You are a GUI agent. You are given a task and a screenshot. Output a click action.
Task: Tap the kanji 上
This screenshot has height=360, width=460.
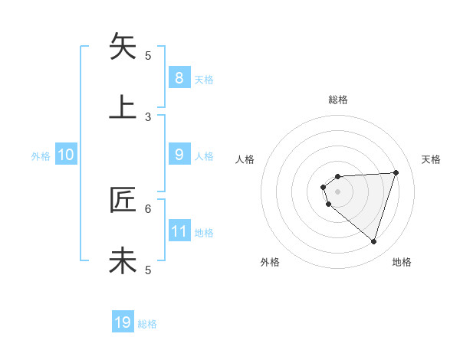click(x=123, y=106)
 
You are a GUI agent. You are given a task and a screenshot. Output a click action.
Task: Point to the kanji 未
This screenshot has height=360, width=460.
click(x=123, y=260)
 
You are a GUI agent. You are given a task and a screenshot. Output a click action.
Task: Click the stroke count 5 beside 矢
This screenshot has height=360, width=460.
click(x=149, y=55)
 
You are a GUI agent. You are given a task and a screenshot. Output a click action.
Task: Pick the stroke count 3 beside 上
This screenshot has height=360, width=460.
click(x=149, y=116)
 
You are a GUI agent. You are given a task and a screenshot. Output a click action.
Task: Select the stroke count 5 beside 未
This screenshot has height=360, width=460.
click(x=149, y=270)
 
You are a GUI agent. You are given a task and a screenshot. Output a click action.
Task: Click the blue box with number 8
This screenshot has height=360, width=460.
click(x=179, y=77)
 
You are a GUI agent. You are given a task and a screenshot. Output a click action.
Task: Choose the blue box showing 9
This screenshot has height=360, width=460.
click(x=179, y=154)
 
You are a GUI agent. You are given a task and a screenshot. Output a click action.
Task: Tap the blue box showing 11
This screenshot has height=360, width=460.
click(x=179, y=231)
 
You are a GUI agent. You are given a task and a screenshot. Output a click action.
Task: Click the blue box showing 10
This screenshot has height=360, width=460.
click(x=66, y=155)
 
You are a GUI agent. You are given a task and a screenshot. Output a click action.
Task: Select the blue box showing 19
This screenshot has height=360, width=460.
click(x=123, y=322)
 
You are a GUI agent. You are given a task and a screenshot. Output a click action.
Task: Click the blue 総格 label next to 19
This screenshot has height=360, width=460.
click(x=147, y=324)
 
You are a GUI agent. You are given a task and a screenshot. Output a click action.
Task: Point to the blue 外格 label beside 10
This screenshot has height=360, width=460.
click(x=41, y=155)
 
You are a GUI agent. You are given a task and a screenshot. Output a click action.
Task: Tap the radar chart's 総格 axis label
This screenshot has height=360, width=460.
click(x=338, y=100)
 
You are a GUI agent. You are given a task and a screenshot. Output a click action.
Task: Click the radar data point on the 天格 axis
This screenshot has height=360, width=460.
click(x=396, y=172)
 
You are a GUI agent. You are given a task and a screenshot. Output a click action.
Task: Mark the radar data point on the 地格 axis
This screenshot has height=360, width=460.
click(x=373, y=241)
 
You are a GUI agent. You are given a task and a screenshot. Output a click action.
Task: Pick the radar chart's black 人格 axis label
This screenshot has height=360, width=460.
click(x=245, y=159)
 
